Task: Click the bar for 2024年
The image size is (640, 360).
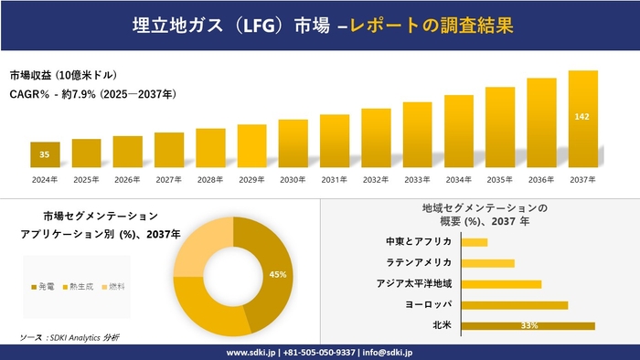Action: click(x=44, y=154)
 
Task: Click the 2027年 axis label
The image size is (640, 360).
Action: click(x=169, y=179)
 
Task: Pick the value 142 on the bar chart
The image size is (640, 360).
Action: click(x=582, y=117)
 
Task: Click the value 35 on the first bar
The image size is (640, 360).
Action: click(x=44, y=154)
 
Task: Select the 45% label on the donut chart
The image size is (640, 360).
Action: click(x=278, y=274)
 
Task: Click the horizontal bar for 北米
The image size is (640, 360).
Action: click(x=528, y=325)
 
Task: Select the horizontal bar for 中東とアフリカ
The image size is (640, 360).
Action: click(x=475, y=242)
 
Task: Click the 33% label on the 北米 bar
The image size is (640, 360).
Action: click(x=528, y=325)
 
